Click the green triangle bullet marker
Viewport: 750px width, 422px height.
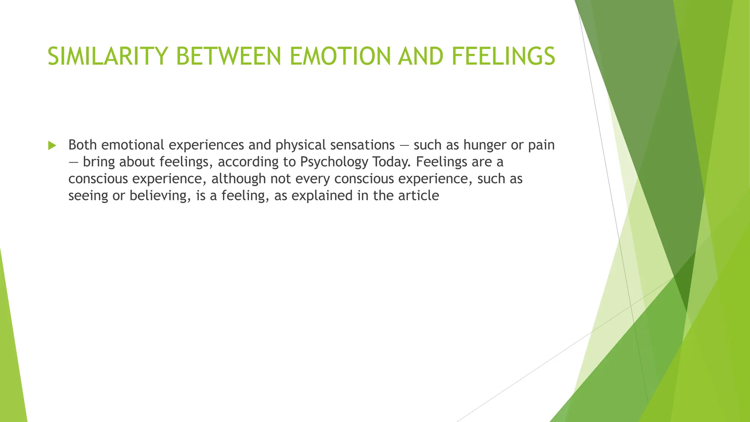(52, 146)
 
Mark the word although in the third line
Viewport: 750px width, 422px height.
(238, 179)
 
